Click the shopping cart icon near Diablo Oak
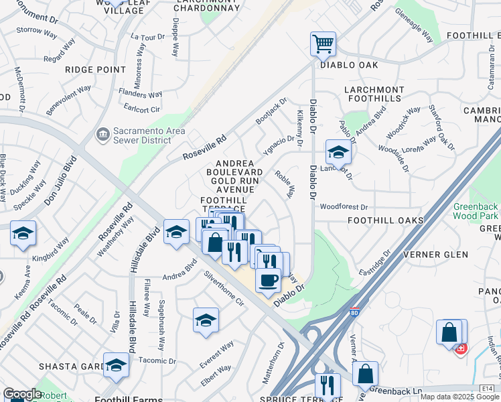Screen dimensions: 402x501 (323, 45)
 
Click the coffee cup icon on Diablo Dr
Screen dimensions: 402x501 (268, 280)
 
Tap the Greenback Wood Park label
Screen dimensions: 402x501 (476, 211)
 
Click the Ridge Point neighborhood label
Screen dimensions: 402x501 (91, 69)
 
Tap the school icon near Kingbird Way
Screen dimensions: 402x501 (23, 234)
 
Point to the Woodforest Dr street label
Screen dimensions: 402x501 (344, 208)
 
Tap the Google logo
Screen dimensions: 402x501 (22, 394)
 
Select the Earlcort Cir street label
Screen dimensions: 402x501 (142, 109)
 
